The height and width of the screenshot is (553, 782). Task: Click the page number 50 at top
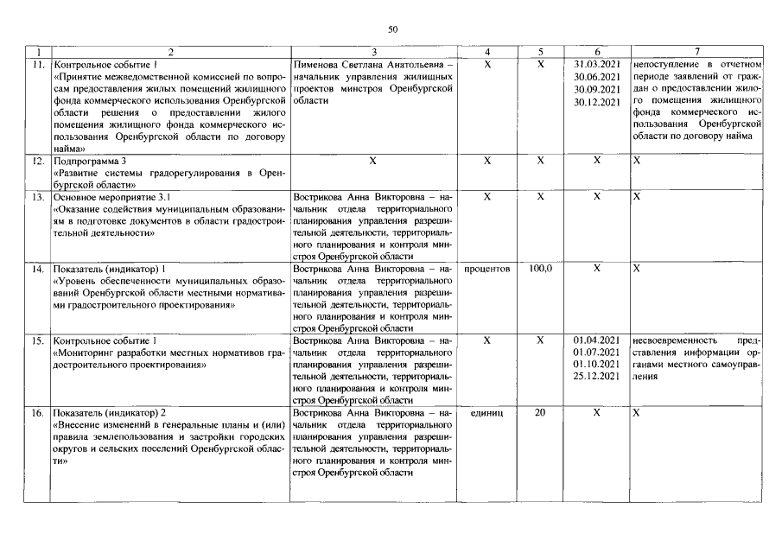[392, 30]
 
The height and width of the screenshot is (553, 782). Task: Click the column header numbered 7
[696, 52]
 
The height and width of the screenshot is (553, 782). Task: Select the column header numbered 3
[373, 52]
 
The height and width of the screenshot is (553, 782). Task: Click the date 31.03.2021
[597, 64]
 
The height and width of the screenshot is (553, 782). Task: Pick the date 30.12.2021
[597, 103]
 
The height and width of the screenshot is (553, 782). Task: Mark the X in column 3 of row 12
[373, 161]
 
